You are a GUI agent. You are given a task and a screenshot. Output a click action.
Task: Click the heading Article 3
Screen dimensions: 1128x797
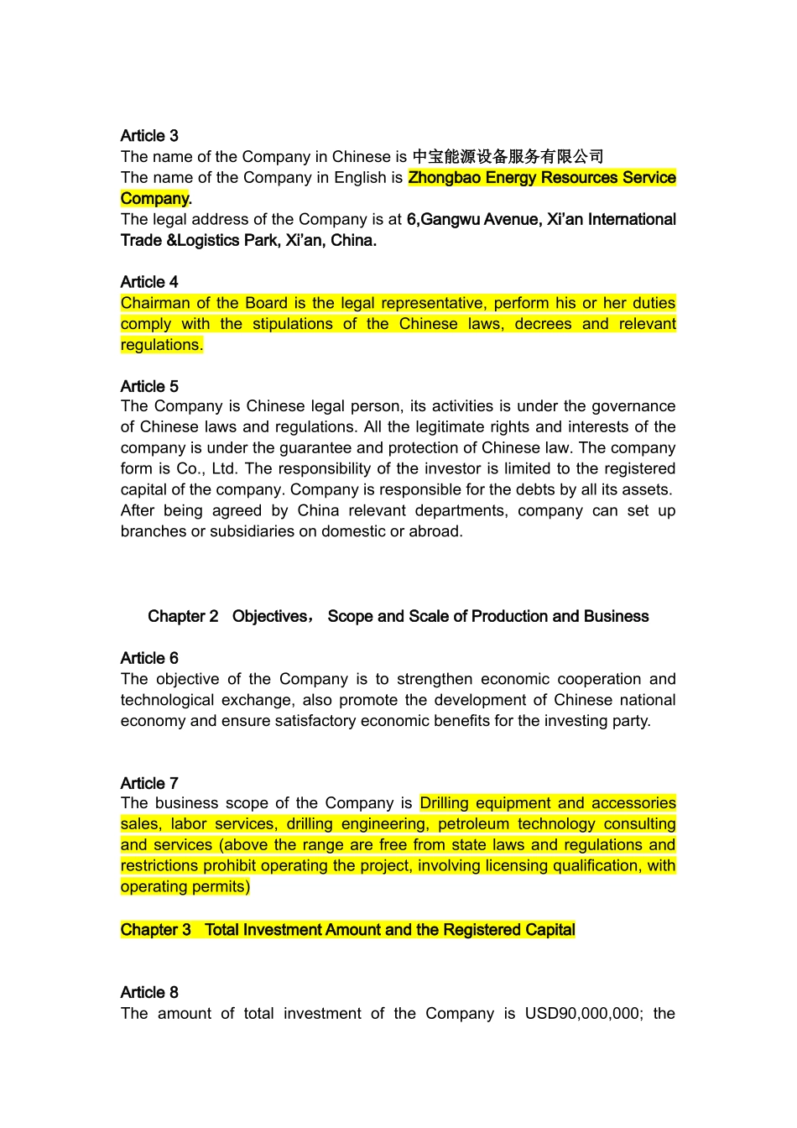[149, 136]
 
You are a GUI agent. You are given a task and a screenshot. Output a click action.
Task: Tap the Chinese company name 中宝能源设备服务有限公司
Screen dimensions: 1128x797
[508, 157]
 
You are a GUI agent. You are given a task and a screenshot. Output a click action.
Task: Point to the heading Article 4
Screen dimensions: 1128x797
[149, 282]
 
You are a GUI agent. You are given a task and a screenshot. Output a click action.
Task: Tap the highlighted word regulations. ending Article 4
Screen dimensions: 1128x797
[162, 345]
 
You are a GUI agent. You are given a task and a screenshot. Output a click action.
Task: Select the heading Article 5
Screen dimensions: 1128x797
[149, 387]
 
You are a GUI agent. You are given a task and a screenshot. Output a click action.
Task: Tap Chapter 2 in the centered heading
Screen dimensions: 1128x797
[183, 617]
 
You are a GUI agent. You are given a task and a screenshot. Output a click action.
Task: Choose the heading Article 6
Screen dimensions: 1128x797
[149, 659]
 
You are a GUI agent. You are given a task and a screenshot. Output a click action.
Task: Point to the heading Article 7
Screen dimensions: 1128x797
[149, 784]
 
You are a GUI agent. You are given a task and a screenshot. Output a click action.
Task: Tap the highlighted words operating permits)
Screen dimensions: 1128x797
[185, 887]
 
